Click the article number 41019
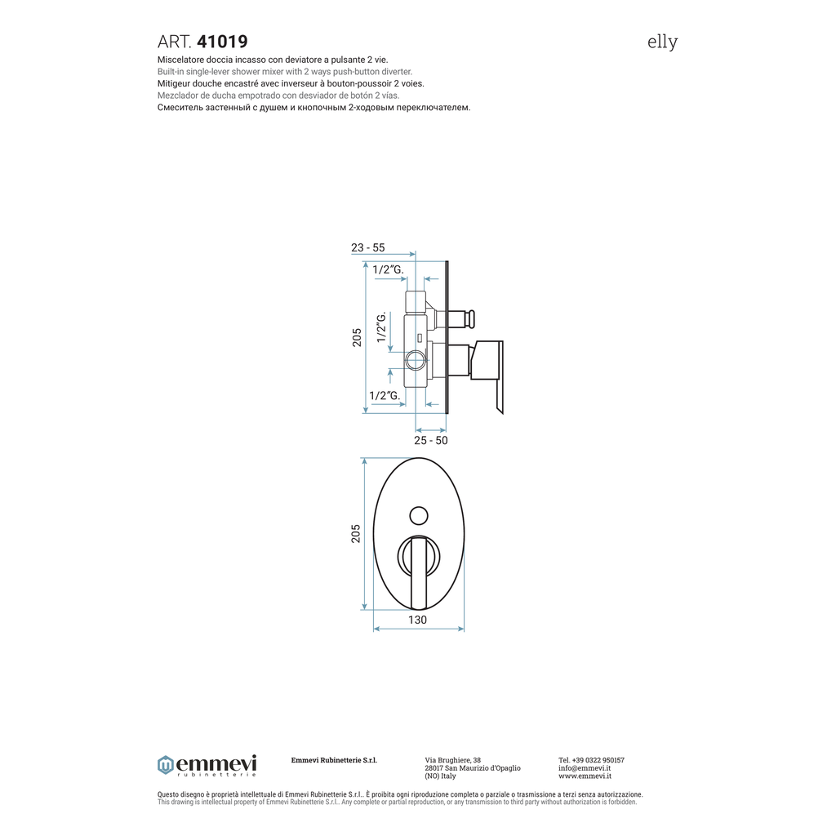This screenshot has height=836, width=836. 222,42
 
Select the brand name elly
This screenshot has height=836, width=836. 662,42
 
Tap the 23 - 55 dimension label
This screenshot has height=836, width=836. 368,247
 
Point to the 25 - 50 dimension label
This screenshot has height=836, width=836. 431,440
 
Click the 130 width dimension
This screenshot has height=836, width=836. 417,620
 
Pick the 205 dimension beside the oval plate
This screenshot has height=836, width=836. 356,534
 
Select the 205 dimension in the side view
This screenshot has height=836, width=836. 357,337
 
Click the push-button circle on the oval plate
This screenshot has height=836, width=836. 419,516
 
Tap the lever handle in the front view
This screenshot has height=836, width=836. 419,573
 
